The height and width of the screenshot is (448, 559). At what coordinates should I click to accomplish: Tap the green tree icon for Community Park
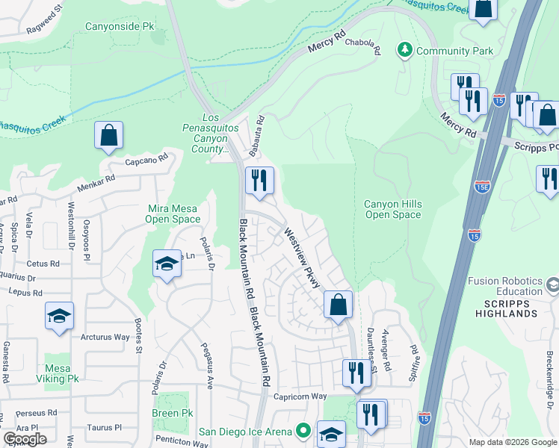point(405,50)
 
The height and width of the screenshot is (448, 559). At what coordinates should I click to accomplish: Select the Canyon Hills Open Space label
point(392,209)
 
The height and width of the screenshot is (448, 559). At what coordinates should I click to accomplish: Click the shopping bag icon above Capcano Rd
point(108,136)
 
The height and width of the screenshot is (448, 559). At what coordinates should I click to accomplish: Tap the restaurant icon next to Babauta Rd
point(259,181)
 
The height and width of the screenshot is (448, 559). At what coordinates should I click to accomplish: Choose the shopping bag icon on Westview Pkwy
point(338,305)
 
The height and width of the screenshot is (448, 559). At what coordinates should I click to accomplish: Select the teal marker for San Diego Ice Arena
point(303,431)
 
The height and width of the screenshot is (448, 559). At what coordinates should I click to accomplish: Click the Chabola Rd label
point(363,47)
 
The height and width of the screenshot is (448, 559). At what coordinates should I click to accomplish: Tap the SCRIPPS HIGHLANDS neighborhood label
point(501,313)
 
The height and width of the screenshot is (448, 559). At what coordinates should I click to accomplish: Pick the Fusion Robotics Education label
point(504,286)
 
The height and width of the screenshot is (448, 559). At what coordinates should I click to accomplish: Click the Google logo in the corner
point(25,438)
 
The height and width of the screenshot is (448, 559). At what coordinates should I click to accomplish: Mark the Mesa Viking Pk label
point(62,373)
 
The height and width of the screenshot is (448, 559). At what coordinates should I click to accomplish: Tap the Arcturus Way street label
point(105,337)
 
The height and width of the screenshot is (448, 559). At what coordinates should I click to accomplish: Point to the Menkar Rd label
point(99,179)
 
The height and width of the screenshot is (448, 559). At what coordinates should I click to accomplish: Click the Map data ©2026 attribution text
point(512,442)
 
